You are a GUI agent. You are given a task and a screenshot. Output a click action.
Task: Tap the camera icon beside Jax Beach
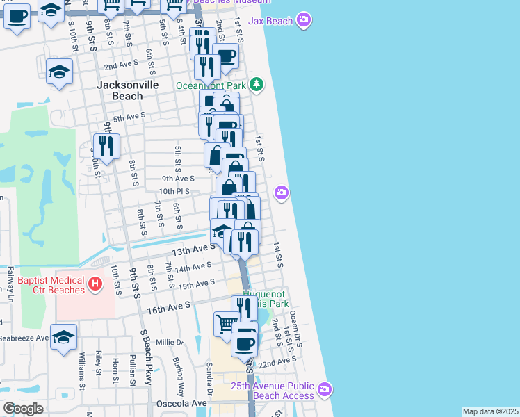pos(303,20)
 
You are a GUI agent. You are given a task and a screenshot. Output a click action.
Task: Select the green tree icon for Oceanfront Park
pos(257,85)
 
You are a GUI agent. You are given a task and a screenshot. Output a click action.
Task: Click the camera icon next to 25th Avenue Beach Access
pos(324,391)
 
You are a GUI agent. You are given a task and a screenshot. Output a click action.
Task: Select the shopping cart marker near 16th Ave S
pos(225,324)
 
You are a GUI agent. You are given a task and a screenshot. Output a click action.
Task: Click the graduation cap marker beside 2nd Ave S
pos(60,71)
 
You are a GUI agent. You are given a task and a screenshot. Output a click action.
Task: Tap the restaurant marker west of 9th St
pos(106,146)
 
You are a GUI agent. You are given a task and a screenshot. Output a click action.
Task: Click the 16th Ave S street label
pos(168,306)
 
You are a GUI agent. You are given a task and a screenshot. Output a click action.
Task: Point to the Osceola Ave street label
pos(184,403)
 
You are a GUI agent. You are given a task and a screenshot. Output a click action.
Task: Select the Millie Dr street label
pos(170,343)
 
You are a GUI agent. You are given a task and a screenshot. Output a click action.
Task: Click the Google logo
pos(23,409)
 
